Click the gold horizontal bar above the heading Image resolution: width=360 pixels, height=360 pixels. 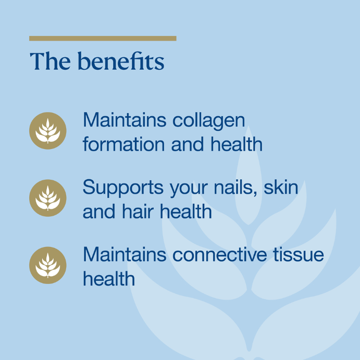[103, 39]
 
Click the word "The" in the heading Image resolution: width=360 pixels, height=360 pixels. [50, 61]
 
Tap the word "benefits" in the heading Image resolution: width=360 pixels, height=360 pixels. [121, 60]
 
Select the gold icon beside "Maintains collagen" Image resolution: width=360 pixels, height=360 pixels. [48, 131]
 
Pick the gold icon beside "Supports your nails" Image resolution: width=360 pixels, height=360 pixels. [48, 198]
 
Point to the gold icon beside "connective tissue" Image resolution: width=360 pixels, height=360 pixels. [48, 265]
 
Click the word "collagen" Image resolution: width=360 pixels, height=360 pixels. [209, 121]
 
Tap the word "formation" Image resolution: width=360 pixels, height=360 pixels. [124, 144]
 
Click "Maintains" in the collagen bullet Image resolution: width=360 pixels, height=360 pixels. [125, 119]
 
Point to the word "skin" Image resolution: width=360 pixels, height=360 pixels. [281, 187]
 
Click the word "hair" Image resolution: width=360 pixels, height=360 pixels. [138, 211]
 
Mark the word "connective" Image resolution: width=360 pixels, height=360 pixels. [219, 254]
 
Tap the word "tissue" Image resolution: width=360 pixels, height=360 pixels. [299, 254]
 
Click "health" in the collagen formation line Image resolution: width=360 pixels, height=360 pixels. [237, 144]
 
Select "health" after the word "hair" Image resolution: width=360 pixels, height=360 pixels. [186, 211]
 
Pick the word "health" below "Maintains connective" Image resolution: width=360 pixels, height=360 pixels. [109, 278]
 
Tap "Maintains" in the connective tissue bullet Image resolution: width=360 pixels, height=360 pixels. [125, 254]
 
